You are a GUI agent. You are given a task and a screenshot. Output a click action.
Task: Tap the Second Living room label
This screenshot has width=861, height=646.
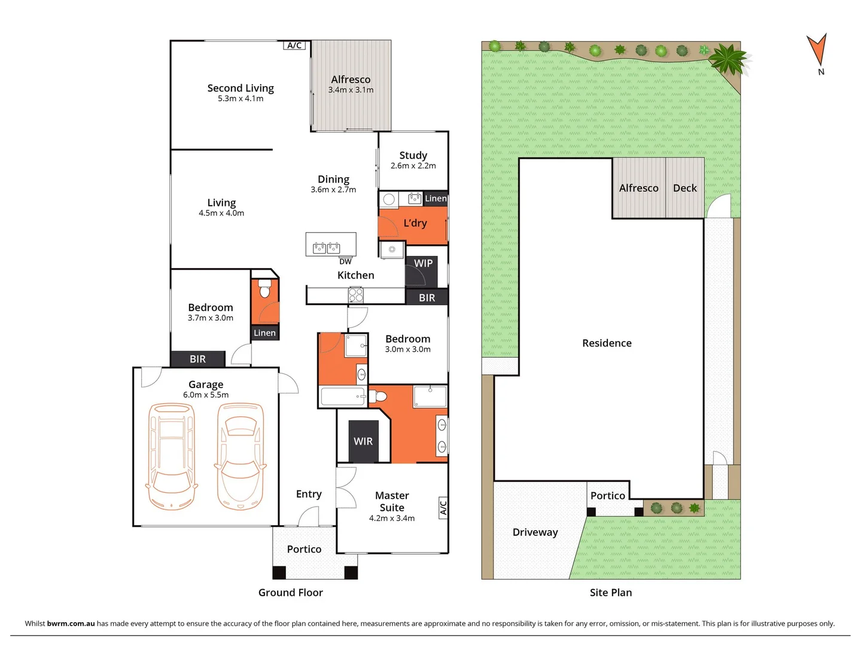coord(241,88)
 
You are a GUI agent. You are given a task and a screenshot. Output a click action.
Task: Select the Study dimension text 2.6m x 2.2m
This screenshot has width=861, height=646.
coord(413,166)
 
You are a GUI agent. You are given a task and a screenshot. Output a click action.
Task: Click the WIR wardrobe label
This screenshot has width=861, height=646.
coord(363,441)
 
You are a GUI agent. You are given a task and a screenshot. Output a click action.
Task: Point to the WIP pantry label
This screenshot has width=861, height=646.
coord(423,263)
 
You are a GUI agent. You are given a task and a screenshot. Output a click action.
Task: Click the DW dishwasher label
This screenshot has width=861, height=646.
coord(345,261)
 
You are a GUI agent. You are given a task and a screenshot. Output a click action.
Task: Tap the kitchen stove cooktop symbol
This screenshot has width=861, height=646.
coord(356,295)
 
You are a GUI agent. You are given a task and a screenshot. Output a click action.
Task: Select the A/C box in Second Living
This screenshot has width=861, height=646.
coord(294,45)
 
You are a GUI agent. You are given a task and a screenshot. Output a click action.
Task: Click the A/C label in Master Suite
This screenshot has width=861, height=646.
coord(443,508)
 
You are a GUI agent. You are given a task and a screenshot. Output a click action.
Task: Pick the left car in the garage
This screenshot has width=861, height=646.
coord(172,456)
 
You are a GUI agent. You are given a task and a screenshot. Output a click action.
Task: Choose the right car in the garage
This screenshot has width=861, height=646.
coord(240,456)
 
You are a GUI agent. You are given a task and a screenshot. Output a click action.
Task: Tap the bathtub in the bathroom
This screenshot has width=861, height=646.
coord(343,397)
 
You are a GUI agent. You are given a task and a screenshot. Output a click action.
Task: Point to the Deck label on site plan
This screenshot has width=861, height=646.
coord(684,188)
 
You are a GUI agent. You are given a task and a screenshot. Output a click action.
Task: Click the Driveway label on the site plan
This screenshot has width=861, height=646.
coord(535,532)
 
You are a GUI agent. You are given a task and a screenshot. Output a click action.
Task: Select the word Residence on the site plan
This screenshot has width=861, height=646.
coord(607,343)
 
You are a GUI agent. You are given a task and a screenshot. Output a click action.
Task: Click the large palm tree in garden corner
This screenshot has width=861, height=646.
coord(728,59)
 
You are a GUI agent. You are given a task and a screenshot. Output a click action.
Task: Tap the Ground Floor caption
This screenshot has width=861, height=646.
coord(290,593)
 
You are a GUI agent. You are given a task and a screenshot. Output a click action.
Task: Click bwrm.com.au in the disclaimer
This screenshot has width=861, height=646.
coord(71,623)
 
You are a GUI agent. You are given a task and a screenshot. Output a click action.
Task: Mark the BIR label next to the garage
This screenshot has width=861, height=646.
coord(197,359)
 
